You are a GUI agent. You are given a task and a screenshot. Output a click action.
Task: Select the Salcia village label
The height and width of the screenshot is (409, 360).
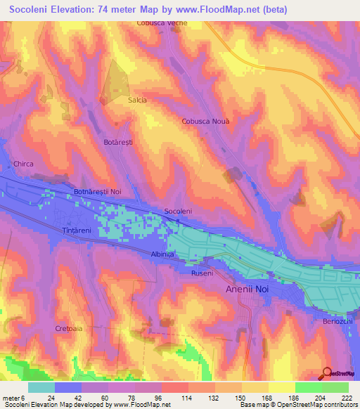click(x=137, y=100)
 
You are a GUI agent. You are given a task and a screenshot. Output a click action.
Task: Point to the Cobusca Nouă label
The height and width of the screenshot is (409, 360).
click(x=206, y=121)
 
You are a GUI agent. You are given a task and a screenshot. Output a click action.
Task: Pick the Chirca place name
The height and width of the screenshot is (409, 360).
click(x=23, y=164)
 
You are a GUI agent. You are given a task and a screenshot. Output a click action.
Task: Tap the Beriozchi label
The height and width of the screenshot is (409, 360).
click(x=339, y=320)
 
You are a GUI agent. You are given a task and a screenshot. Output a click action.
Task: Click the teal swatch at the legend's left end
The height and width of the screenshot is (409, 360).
click(x=41, y=387)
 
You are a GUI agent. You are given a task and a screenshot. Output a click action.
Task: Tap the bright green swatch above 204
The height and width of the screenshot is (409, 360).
click(x=308, y=387)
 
